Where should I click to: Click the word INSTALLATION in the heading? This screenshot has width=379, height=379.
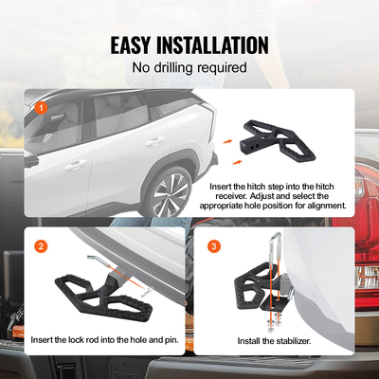point(215,45)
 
